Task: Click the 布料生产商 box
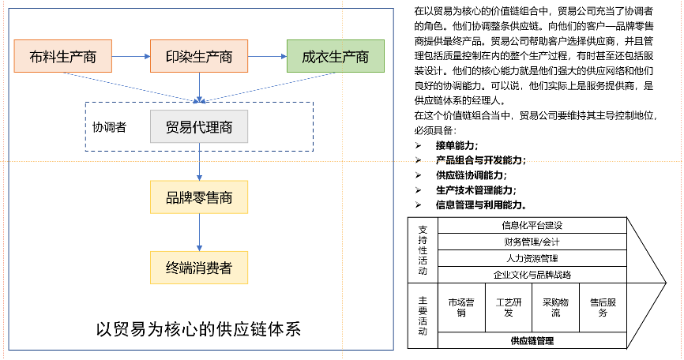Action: [63, 57]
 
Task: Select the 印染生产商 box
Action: [199, 57]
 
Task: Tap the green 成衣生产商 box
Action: [335, 57]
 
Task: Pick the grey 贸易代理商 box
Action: [199, 126]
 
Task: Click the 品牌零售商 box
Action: [199, 197]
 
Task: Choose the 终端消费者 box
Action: [199, 268]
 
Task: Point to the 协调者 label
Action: [110, 126]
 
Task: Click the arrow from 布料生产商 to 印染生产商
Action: [131, 57]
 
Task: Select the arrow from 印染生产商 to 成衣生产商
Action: [267, 57]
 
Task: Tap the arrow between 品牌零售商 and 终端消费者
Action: [199, 232]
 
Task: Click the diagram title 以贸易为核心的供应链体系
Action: [198, 328]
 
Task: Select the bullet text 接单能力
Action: [457, 145]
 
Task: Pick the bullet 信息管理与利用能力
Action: [481, 204]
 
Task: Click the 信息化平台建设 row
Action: [532, 226]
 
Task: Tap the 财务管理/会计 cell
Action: [532, 242]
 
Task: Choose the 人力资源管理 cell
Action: [532, 258]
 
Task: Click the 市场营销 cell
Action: [462, 307]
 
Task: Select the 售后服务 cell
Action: [603, 307]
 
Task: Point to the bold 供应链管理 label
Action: [532, 341]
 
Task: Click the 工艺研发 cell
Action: [509, 307]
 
